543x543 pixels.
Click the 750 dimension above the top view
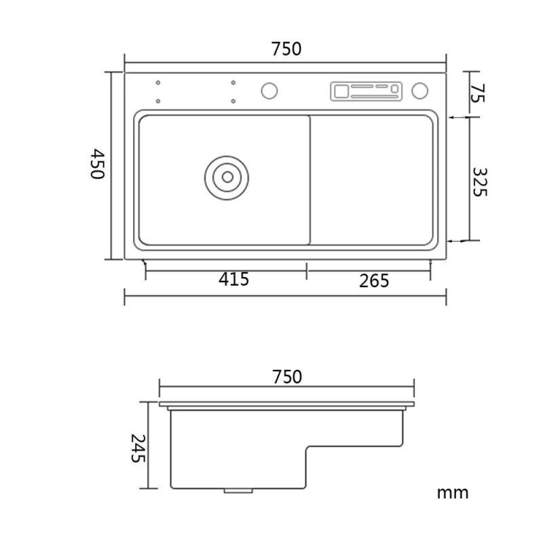pos(286,49)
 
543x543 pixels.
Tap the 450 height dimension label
pos(97,164)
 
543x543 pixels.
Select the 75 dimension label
pos(478,93)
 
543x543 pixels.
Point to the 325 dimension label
pos(480,182)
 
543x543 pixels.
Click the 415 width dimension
pos(233,279)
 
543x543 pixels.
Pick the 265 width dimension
pos(374,281)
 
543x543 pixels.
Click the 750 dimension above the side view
pos(287,377)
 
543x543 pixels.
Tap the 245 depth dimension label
pos(138,449)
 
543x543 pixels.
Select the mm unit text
pos(453,493)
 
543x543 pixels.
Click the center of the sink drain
pos(227,177)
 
